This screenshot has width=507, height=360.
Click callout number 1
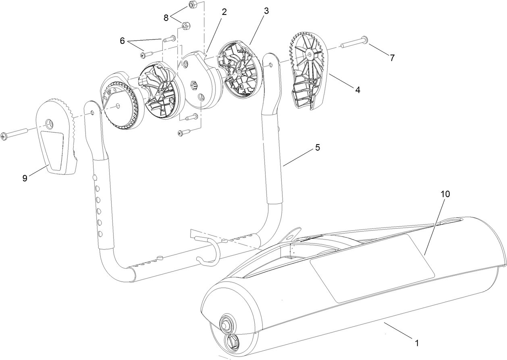tap(417, 343)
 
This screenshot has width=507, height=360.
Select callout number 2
tap(224, 12)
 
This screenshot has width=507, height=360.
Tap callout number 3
tap(266, 11)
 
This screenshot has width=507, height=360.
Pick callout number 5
tap(318, 148)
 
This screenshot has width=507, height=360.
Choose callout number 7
tap(392, 58)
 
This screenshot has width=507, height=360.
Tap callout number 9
tap(25, 178)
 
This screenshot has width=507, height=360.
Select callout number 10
tap(445, 194)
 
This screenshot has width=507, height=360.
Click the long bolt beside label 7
tap(355, 42)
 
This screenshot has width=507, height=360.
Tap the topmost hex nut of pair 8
tap(192, 5)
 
